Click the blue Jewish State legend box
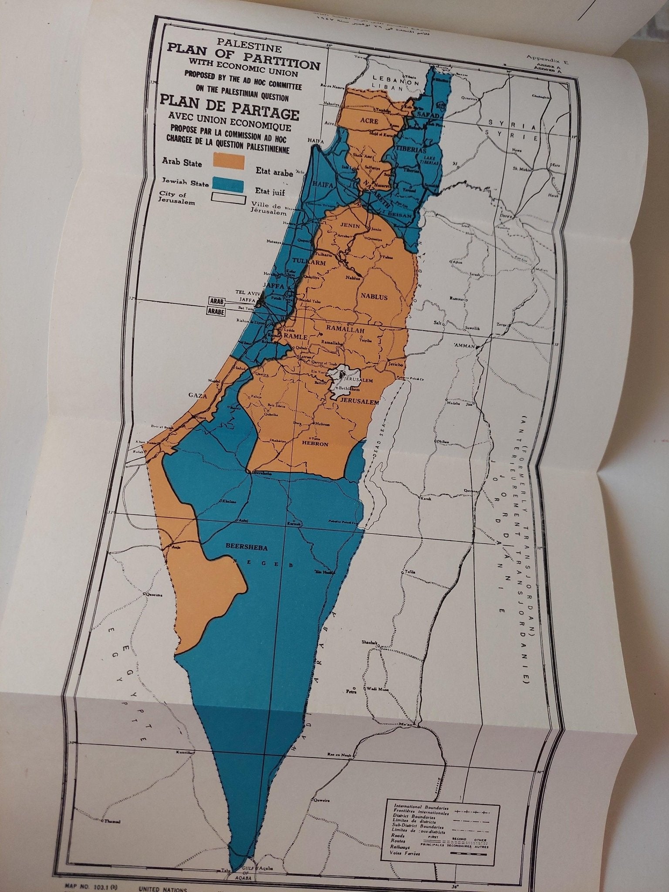(228, 184)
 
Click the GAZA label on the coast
(196, 395)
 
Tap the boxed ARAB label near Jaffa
(217, 301)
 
